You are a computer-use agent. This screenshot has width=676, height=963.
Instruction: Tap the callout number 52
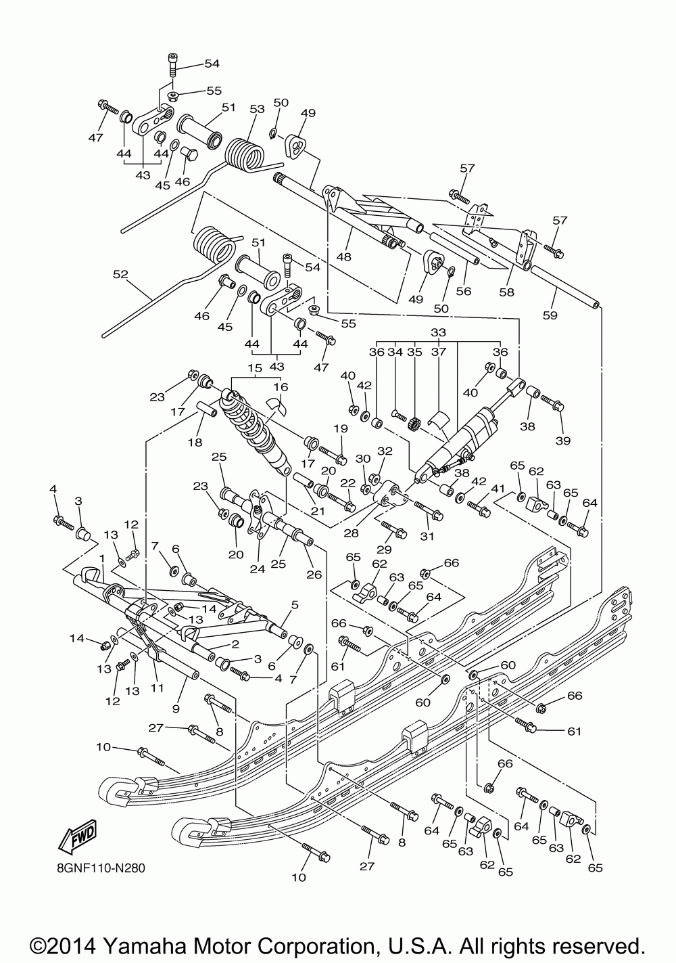pyautogui.click(x=121, y=274)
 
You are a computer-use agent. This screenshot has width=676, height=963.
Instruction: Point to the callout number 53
pyautogui.click(x=258, y=109)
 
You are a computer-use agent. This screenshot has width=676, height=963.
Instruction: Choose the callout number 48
pyautogui.click(x=344, y=256)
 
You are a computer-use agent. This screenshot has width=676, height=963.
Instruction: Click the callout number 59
pyautogui.click(x=550, y=315)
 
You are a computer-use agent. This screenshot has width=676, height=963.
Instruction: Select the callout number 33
pyautogui.click(x=438, y=332)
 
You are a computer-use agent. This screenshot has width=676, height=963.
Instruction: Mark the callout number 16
pyautogui.click(x=281, y=386)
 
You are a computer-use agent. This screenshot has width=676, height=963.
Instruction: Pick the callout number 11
pyautogui.click(x=157, y=688)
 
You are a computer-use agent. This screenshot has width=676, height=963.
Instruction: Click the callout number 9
pyautogui.click(x=176, y=709)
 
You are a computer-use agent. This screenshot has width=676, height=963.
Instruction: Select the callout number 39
pyautogui.click(x=563, y=441)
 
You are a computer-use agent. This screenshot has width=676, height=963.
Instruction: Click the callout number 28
pyautogui.click(x=351, y=533)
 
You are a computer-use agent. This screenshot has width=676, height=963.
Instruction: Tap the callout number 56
pyautogui.click(x=464, y=291)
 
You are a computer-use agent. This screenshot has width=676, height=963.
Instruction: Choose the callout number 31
pyautogui.click(x=427, y=536)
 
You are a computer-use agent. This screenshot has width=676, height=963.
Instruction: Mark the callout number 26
pyautogui.click(x=314, y=575)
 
